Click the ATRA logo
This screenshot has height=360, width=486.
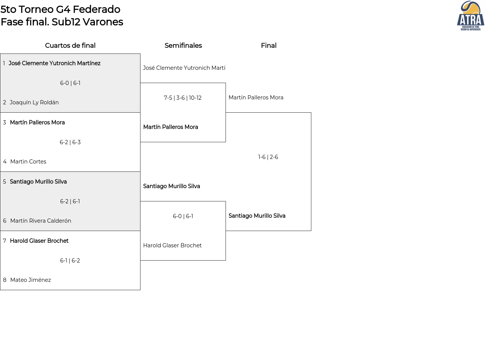[470, 16]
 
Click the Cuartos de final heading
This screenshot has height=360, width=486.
[70, 46]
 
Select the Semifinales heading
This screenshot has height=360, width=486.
[183, 46]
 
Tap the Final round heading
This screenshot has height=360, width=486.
[269, 46]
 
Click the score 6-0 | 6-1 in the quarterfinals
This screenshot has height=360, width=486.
[70, 83]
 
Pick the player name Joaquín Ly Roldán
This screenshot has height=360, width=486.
[34, 102]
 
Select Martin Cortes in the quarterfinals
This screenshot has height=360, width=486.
[28, 162]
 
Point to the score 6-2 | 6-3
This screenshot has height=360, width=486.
[70, 142]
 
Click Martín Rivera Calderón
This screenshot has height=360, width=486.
[41, 221]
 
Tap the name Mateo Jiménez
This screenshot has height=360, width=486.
[31, 280]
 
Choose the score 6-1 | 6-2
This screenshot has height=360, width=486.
[70, 261]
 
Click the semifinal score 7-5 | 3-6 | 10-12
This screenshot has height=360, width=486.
[183, 98]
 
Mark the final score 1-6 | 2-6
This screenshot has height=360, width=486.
[268, 157]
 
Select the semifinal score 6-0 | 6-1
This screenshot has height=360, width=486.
[183, 216]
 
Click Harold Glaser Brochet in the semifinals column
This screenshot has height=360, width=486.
[172, 245]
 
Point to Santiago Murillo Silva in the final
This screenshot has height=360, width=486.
[257, 216]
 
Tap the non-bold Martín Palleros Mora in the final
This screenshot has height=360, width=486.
[256, 97]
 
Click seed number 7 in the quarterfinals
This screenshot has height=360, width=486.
[5, 241]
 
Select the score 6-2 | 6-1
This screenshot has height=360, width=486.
[70, 201]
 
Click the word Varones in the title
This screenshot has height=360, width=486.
[103, 22]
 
